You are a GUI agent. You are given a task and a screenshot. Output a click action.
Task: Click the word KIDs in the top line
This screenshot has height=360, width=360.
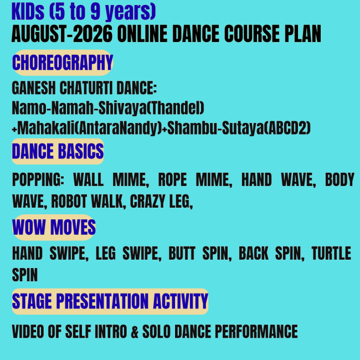coord(28,12)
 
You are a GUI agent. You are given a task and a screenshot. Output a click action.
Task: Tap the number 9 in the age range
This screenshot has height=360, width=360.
coord(95,12)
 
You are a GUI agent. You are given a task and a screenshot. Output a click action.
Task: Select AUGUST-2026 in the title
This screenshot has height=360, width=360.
coord(62,34)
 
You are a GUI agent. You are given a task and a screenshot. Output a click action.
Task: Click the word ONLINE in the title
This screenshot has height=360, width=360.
coord(142,34)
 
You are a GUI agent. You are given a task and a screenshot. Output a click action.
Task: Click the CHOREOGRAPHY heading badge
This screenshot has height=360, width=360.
coord(63,63)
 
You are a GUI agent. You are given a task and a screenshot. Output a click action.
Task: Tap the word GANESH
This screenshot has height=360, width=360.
coord(34,88)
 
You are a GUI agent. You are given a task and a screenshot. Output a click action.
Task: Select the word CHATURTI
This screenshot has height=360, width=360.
coord(86,88)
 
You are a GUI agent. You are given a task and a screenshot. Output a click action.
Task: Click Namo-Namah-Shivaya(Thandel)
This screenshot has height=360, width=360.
coord(108,108)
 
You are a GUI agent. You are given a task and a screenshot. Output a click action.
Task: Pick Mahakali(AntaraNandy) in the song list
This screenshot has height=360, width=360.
coord(90,128)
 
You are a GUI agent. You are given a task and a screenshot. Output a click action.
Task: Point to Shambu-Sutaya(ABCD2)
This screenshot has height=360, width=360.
coord(239,128)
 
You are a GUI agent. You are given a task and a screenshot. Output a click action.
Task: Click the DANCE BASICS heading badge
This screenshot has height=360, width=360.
coord(58,152)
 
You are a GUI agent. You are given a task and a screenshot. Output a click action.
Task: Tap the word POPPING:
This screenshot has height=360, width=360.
coord(38,179)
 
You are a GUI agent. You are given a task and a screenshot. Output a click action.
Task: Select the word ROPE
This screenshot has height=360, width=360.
coord(172,179)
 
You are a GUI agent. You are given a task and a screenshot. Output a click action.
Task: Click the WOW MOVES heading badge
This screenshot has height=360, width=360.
coord(54,228)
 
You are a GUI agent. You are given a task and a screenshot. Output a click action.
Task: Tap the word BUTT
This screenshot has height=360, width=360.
coord(182,254)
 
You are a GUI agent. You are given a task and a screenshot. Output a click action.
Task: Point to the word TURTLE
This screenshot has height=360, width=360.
coord(331,254)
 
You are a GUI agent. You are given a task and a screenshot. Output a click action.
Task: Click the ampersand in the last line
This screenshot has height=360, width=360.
coord(135,332)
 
